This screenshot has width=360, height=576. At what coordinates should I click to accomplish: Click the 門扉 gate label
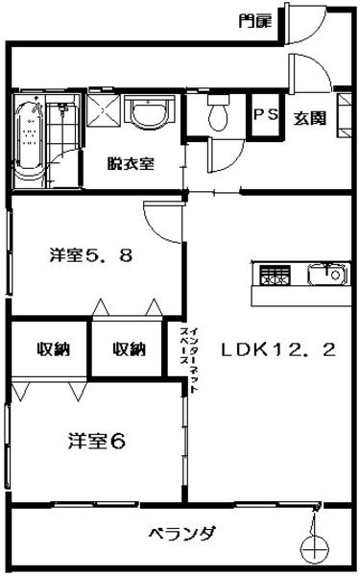pos(255,21)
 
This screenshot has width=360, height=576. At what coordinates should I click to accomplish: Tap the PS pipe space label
pos(266,114)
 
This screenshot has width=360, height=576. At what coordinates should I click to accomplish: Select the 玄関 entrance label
pos(309,118)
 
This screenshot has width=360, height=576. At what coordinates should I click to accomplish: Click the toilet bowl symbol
pos(218,111)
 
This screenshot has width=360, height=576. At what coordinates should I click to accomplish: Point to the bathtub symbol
pos(30,141)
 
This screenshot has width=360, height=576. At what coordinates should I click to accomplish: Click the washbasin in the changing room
pos(149,110)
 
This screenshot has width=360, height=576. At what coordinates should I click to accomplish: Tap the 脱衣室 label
pos(131,164)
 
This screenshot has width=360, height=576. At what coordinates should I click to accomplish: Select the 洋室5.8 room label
pos(91,255)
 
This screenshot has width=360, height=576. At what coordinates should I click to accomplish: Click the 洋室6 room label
pos(97,441)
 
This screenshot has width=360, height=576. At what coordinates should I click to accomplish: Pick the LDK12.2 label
pos(278,349)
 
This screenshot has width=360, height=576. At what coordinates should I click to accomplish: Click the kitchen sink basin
pos(327,275)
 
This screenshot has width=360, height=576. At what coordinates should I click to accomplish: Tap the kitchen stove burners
pos(275,275)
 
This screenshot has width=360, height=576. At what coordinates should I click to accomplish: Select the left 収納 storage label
pos(54,349)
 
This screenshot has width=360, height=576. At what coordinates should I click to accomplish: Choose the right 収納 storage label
pos(130,349)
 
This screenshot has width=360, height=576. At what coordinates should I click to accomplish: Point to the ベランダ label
pos(182,533)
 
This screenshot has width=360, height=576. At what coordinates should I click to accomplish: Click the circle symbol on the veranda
pos(315,549)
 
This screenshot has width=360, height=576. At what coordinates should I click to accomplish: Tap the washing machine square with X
pos(104,110)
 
